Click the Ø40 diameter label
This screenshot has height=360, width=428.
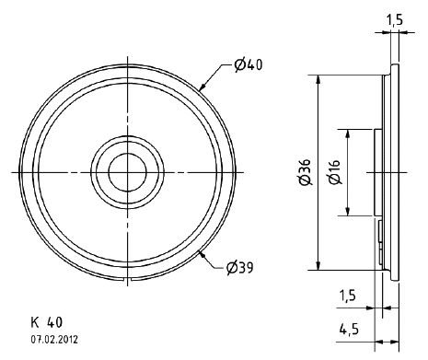point(247,64)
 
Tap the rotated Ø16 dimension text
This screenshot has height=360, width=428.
point(334,172)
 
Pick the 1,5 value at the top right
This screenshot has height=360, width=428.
point(394,18)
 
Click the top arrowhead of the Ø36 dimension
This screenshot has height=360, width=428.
point(318,77)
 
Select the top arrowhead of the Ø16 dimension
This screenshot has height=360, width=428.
point(346,131)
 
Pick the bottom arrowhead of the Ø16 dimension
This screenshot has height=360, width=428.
point(346,214)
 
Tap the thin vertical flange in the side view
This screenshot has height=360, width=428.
point(395,171)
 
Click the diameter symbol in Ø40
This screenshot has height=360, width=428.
point(238,64)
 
